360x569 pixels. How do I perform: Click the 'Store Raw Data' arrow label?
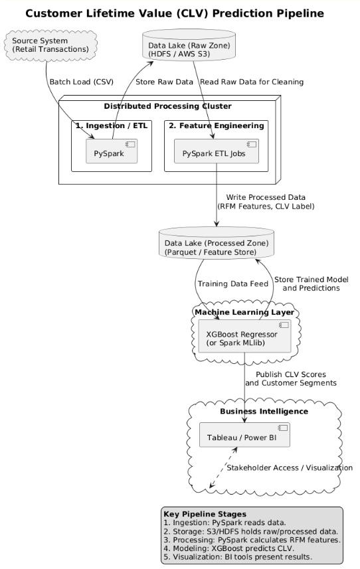163,82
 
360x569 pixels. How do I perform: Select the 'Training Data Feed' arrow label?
232,284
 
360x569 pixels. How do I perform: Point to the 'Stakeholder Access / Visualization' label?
290,468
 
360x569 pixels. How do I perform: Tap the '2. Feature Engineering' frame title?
217,125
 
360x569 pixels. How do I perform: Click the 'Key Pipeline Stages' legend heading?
205,514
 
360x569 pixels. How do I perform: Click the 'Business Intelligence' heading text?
264,412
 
